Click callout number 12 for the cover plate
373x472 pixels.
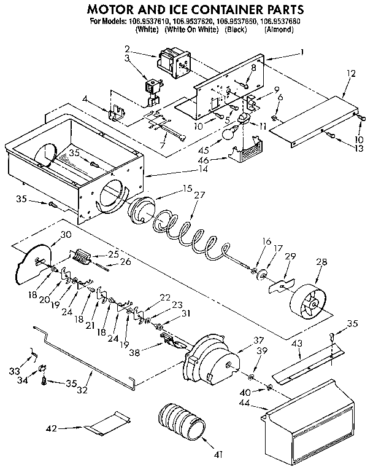[x=350, y=74]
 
